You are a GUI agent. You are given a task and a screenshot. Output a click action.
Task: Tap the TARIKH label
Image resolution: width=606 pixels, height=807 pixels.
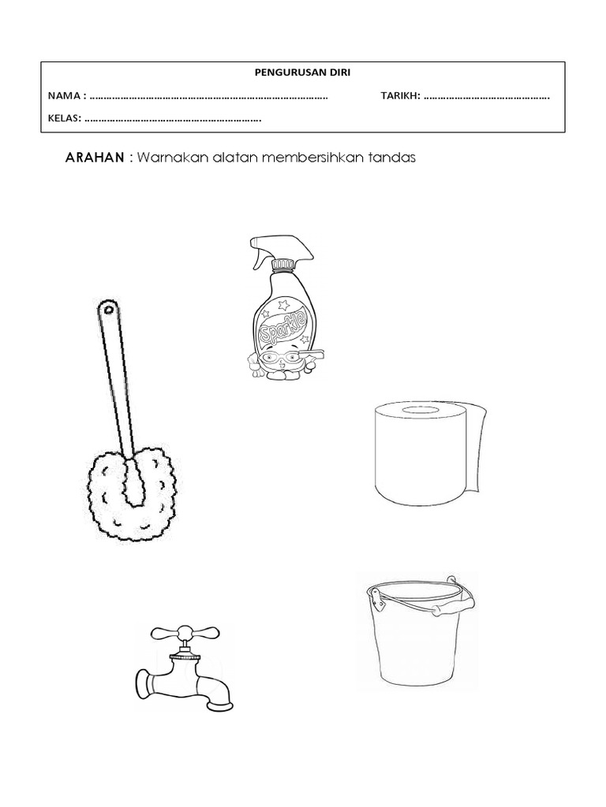[399, 96]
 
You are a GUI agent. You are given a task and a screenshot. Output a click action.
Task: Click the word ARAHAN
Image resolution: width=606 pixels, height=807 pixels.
[93, 158]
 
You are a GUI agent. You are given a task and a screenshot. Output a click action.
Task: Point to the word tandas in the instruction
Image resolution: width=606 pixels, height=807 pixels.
[395, 158]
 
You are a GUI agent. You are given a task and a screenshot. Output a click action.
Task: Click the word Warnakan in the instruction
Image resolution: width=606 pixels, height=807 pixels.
[166, 158]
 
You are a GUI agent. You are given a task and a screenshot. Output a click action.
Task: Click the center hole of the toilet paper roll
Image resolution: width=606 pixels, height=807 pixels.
[418, 411]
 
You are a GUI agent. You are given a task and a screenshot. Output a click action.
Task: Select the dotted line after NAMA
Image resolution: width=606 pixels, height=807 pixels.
[209, 97]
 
